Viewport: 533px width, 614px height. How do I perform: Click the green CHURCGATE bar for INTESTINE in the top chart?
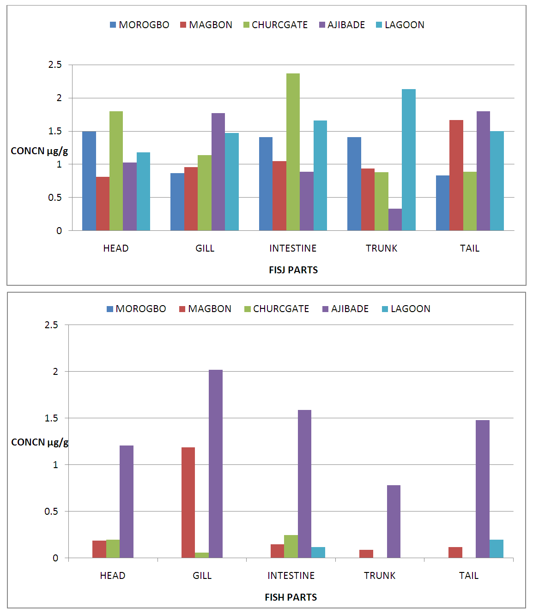tap(293, 152)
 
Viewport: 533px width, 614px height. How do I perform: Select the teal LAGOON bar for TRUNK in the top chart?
tap(409, 160)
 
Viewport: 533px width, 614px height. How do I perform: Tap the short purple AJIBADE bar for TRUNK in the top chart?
tap(395, 220)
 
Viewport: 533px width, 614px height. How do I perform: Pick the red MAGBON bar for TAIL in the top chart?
tap(456, 175)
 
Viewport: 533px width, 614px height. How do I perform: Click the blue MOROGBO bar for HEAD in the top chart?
tap(89, 181)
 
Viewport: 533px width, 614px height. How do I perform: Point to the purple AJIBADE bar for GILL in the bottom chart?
tap(216, 464)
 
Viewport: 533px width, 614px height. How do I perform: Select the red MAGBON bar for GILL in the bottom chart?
tap(188, 503)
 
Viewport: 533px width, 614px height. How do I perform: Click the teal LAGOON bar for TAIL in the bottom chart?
tap(497, 549)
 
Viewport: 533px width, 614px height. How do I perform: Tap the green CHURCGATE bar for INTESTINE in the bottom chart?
tap(291, 547)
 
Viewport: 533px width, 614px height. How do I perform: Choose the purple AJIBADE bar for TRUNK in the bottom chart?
tap(394, 522)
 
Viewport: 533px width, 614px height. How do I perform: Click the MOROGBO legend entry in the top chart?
tap(139, 25)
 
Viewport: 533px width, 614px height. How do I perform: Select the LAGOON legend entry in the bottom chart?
tap(406, 309)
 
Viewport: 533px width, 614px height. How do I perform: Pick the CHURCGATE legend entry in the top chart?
tap(275, 25)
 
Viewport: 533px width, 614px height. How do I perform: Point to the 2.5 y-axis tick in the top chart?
tap(55, 65)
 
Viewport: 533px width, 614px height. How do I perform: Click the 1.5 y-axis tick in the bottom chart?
tap(51, 418)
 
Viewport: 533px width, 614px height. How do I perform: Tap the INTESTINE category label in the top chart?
tap(293, 248)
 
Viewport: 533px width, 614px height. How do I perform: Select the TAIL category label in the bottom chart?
tap(469, 576)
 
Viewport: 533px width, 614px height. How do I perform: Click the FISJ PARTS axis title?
tap(293, 270)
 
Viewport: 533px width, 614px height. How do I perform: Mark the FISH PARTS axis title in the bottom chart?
tap(291, 597)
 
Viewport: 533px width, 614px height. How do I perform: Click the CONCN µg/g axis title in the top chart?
tap(39, 151)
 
